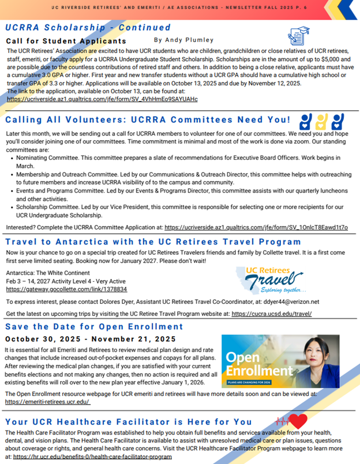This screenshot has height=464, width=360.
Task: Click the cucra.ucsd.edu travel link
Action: [272, 314]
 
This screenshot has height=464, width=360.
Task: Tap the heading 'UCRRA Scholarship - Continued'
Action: [88, 28]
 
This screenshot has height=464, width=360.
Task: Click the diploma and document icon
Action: [298, 35]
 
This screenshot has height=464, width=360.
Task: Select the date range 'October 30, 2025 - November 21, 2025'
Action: [91, 339]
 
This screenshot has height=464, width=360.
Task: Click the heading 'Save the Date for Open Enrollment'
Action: [93, 327]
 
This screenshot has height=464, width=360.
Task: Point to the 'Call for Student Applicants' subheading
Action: [66, 42]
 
